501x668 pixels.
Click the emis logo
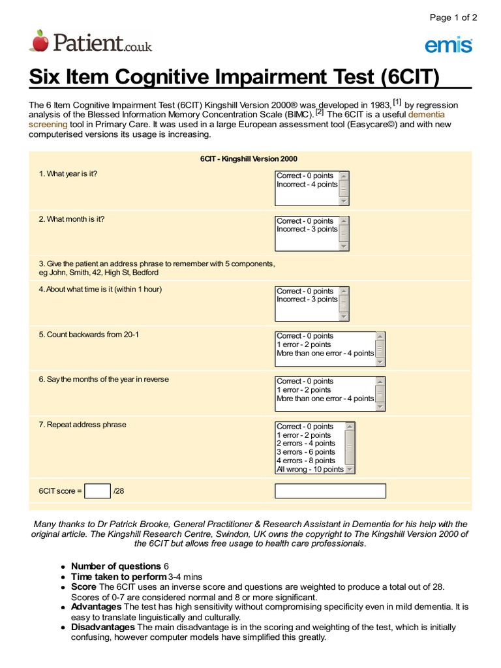click(x=449, y=44)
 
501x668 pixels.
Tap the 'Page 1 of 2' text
click(x=453, y=18)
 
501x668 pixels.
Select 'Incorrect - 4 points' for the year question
click(x=307, y=185)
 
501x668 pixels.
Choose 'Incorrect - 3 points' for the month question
click(x=307, y=230)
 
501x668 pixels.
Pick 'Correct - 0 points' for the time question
click(x=305, y=291)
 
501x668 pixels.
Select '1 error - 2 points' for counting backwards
click(x=303, y=344)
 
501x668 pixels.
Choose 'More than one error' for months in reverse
click(x=325, y=399)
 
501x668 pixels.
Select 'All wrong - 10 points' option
click(x=310, y=469)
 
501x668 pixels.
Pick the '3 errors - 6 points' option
click(x=306, y=452)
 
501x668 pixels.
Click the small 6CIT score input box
click(x=98, y=491)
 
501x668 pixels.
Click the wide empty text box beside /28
click(x=330, y=491)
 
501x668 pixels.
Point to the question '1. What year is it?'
click(x=68, y=174)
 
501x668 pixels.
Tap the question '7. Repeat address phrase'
click(x=82, y=425)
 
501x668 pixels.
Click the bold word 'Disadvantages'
click(x=102, y=627)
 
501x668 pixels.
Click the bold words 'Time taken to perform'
click(x=119, y=577)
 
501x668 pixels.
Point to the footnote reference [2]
click(x=320, y=112)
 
